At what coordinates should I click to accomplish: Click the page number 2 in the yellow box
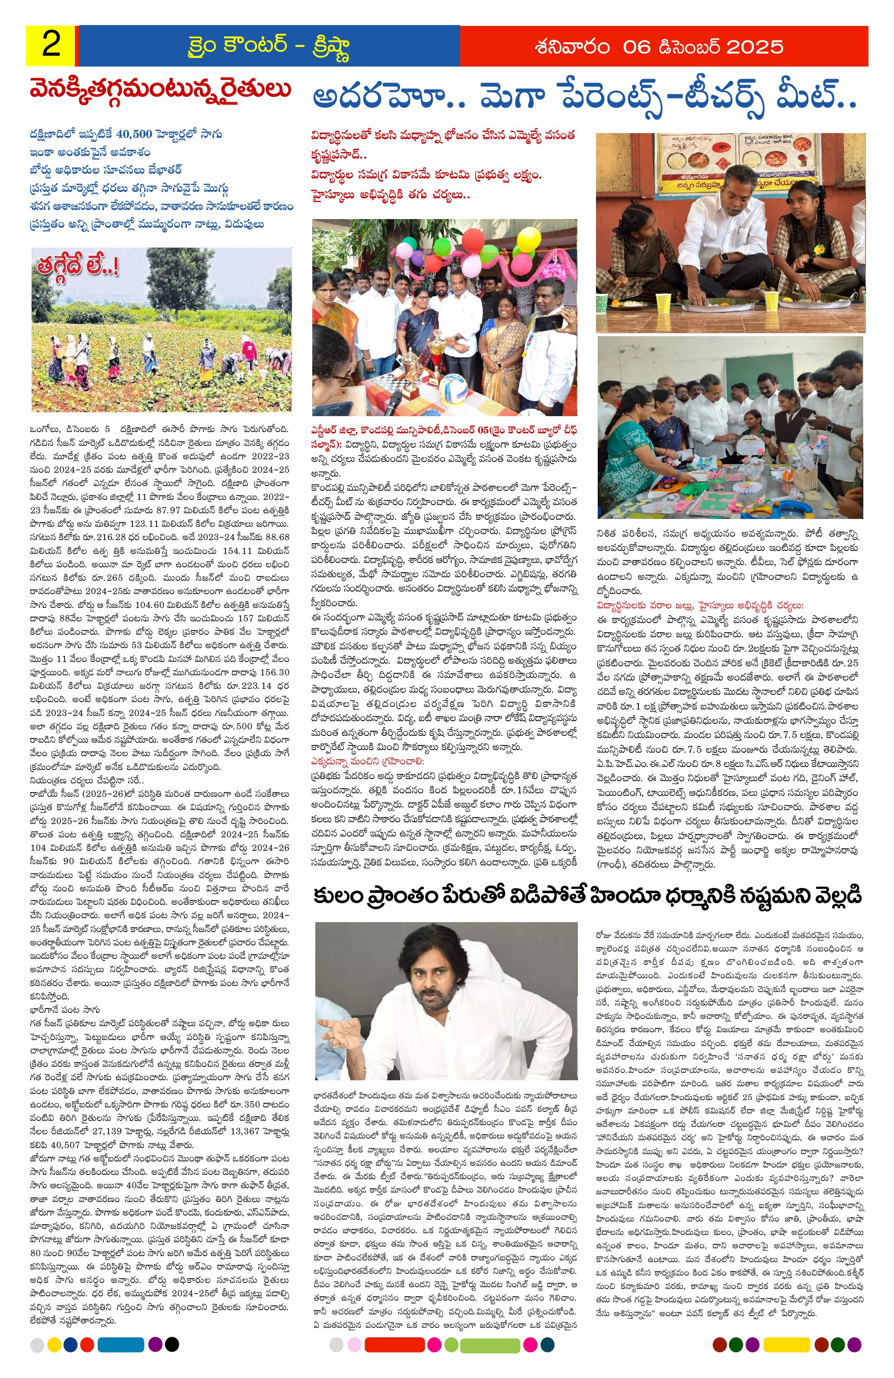(x=51, y=46)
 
